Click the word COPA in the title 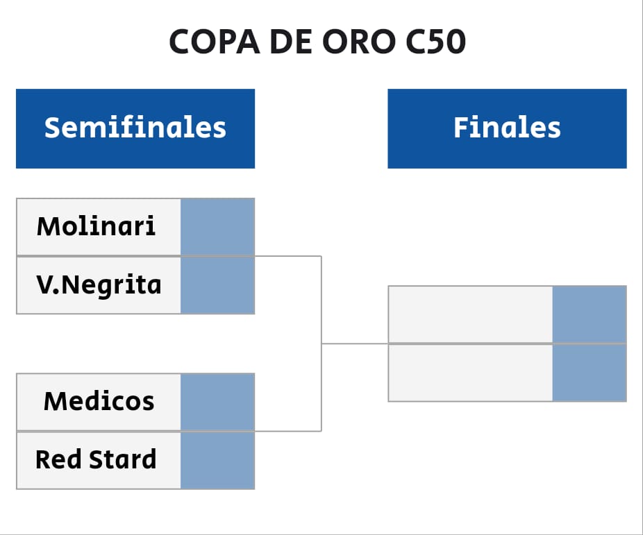coord(215,42)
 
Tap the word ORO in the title coord(359,42)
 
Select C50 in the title coord(435,42)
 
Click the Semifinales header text coord(135,128)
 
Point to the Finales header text coord(507,128)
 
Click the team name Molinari coord(96,226)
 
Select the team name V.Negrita coord(99,285)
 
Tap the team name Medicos coord(99,401)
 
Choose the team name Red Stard coord(96,459)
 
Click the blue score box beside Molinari coord(218,227)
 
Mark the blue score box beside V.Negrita coord(218,285)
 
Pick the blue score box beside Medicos coord(218,402)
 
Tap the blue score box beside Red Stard coord(218,461)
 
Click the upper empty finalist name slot coord(470,314)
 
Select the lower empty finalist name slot coord(470,373)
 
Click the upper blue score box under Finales coord(590,314)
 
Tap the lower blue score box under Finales coord(590,373)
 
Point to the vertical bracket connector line coord(321,343)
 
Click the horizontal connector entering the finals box coord(355,343)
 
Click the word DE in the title coord(291,42)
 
